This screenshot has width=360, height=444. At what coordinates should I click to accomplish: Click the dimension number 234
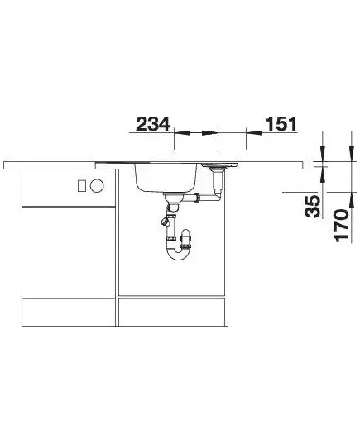tap(153, 124)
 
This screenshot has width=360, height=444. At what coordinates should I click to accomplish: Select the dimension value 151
tap(281, 124)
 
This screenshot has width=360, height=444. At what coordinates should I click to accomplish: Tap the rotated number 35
tap(313, 206)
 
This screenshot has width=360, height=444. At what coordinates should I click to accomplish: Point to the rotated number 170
tap(342, 226)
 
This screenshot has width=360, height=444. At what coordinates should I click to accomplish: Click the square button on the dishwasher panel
tap(82, 185)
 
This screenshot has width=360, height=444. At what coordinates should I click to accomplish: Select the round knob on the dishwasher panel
tap(97, 186)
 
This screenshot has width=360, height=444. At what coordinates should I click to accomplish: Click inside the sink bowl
tap(166, 177)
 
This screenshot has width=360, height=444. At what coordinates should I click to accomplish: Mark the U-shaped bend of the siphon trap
tap(179, 252)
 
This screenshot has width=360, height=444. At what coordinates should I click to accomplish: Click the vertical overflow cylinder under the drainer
tap(218, 182)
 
